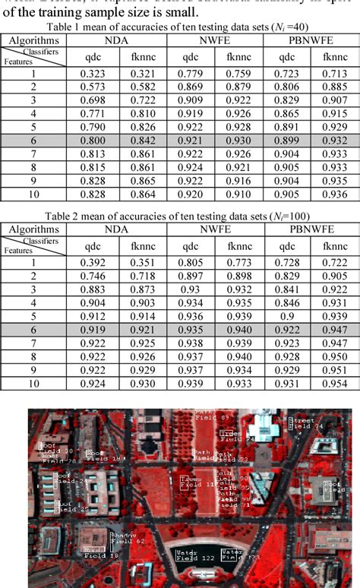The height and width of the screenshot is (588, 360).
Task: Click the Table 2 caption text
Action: pos(180,234)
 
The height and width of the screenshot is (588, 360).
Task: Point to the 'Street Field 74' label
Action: pos(302,423)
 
